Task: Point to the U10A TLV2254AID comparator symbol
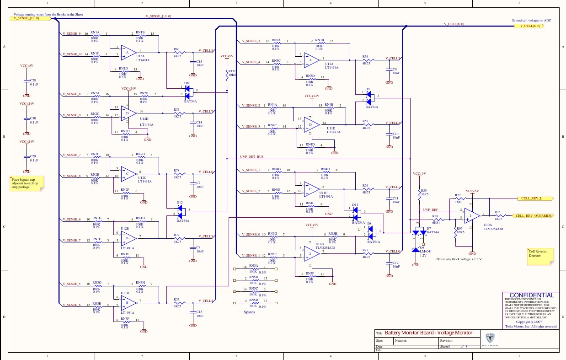coord(471,215)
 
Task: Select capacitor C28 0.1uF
coord(27,82)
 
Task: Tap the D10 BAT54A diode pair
coord(187,91)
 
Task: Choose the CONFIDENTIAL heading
coord(531,296)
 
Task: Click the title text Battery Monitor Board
coord(428,333)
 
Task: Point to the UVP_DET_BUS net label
coord(252,157)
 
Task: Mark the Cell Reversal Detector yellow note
coord(540,256)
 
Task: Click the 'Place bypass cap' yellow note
coord(27,183)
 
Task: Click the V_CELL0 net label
coord(392,252)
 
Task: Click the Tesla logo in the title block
coord(491,339)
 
